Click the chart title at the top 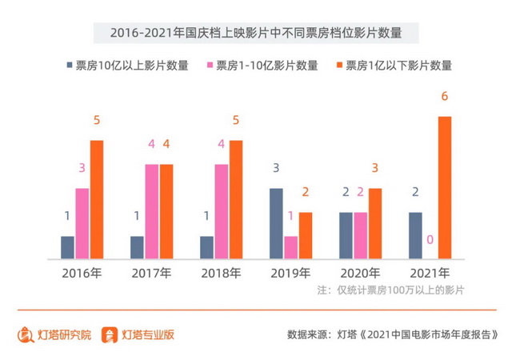[x=255, y=34]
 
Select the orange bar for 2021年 [x=444, y=188]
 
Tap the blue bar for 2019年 [x=276, y=224]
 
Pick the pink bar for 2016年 [x=82, y=224]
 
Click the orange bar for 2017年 [x=166, y=212]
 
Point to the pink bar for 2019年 [x=291, y=248]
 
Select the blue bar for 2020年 [x=346, y=236]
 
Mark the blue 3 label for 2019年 [x=276, y=169]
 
